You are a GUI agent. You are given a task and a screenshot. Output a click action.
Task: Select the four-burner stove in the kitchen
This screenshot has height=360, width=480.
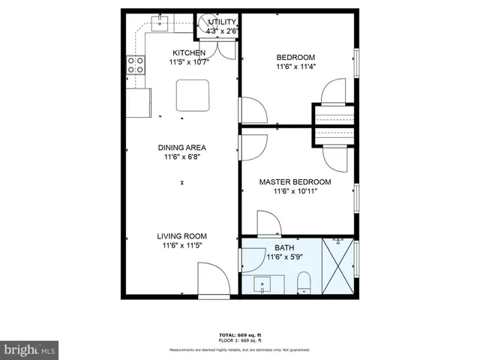pos(135,65)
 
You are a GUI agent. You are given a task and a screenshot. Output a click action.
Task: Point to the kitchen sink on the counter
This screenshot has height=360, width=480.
pos(160,22)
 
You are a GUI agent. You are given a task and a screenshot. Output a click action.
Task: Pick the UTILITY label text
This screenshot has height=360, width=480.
pos(223,22)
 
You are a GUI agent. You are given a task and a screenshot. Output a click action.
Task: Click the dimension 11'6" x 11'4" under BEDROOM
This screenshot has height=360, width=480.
pos(295,67)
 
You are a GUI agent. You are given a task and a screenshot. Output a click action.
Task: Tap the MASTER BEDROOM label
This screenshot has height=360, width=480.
pos(295,181)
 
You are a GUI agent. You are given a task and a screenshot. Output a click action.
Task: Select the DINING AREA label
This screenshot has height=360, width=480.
pos(181,148)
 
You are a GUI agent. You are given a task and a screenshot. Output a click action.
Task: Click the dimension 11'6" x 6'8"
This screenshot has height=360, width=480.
pos(181,157)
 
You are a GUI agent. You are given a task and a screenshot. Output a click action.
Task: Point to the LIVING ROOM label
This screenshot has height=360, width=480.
pos(181,235)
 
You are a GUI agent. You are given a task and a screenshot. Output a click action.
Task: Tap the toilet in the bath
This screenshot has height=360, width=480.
pos(304,283)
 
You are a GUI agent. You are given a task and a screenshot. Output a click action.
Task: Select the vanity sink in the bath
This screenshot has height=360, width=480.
pos(263,283)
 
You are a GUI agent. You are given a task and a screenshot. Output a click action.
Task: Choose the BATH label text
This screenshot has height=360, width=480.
pos(284,247)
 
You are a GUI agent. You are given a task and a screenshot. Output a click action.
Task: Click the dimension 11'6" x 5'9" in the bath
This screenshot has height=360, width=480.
pos(284,257)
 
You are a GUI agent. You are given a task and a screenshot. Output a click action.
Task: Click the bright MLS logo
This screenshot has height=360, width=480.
pos(29,349)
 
